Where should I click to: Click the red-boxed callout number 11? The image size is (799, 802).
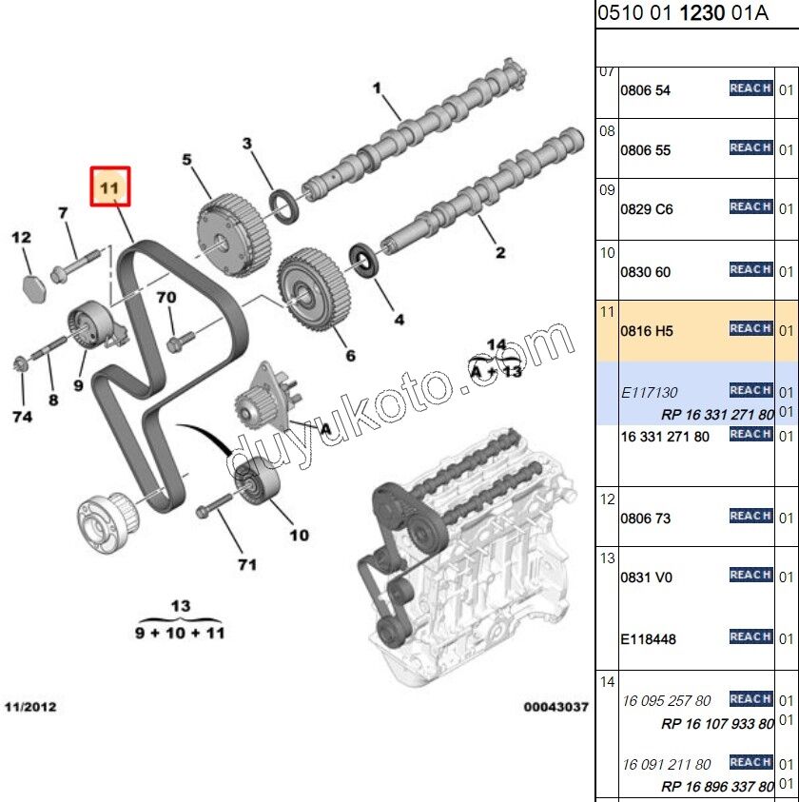pos(109,187)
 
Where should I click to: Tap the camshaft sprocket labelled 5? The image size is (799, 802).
pos(232,231)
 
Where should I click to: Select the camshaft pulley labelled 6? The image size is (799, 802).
pos(309,287)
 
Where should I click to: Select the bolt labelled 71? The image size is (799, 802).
pos(215,507)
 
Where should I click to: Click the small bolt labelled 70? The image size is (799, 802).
pos(179,339)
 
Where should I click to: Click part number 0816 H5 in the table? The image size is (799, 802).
pos(646,331)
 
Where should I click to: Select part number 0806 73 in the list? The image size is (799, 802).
pos(645,518)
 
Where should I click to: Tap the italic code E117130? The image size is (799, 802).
pos(650,392)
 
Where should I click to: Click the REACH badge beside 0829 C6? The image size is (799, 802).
pos(750,206)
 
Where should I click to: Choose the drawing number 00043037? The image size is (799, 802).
pos(555,707)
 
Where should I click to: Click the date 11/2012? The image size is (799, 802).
pos(30,707)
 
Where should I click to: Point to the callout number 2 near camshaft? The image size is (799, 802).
pos(499,252)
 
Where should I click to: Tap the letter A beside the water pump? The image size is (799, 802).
pos(325,429)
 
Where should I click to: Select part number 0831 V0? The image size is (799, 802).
pos(646,577)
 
